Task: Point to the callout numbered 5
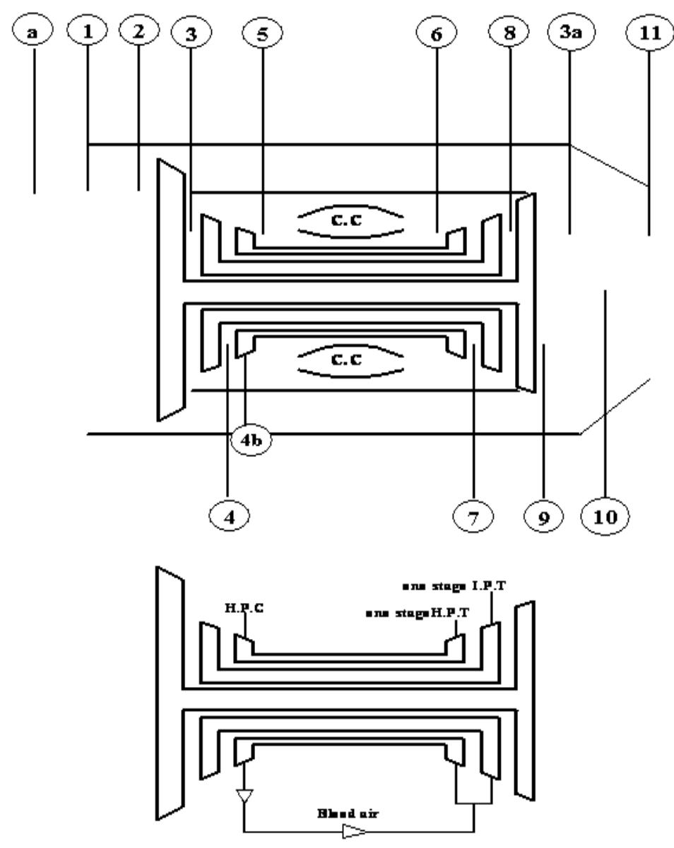(261, 33)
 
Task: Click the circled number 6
(437, 33)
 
